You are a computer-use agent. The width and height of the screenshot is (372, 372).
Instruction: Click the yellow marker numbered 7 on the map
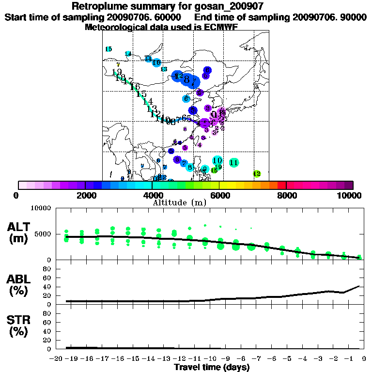[118, 64]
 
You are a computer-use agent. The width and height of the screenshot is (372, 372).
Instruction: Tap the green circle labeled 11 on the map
[233, 163]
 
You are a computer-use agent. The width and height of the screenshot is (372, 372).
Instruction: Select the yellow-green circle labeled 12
[257, 173]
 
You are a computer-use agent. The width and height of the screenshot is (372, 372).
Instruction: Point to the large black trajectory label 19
[117, 72]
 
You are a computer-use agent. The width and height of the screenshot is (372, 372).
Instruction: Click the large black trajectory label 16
[135, 87]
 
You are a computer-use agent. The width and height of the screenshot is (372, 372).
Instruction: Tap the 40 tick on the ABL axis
[48, 286]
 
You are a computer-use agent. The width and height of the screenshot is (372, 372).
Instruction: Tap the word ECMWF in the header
[221, 27]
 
